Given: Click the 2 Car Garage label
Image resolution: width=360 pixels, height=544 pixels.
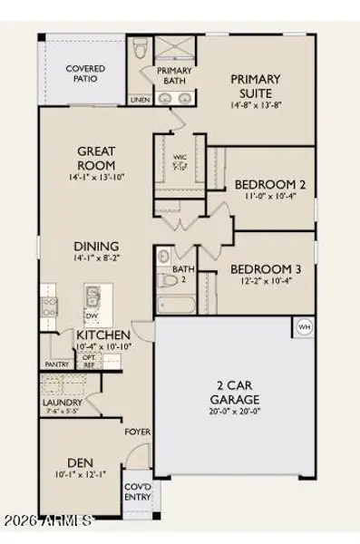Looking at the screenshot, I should [x=235, y=393].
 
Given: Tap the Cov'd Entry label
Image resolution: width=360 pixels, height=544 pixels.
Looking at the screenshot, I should [x=138, y=492].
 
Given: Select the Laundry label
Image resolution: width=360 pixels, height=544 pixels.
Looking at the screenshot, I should [x=63, y=403].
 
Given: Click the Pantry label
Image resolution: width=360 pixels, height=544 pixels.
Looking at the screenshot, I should [x=57, y=364].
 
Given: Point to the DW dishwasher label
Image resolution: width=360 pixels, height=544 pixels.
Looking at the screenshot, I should [x=91, y=316].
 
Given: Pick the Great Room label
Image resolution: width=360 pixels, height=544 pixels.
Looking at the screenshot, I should [x=95, y=159].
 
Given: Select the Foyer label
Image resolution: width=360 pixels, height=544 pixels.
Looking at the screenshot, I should [x=138, y=432].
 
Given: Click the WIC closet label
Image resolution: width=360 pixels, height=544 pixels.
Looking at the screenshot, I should [x=180, y=157].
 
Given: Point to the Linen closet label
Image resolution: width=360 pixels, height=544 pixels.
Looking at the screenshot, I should [x=140, y=100].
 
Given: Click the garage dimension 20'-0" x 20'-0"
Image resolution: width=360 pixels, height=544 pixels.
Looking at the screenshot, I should [x=235, y=411].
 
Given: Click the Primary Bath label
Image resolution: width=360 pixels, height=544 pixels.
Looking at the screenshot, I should [x=173, y=75].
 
